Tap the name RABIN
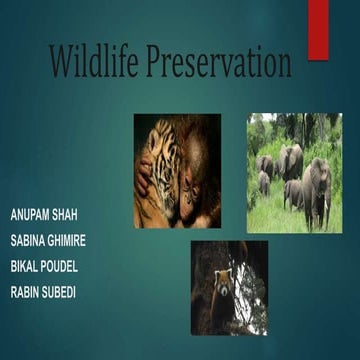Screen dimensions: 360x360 tap(29, 291)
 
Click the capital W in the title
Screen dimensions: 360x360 tap(63, 63)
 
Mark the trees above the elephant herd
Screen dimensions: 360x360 tap(295, 130)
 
